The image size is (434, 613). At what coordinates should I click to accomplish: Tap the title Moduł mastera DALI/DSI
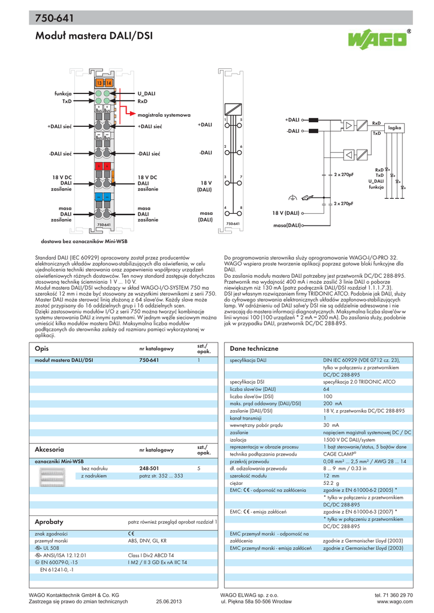click(x=94, y=37)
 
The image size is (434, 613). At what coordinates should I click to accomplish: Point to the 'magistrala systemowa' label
click(x=164, y=114)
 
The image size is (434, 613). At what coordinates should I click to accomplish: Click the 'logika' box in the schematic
click(x=394, y=128)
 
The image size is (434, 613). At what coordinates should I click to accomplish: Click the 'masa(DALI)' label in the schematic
click(x=287, y=225)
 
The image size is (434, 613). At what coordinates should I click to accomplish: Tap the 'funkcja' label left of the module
click(x=63, y=94)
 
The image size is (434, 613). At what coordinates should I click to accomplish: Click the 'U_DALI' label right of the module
click(x=146, y=94)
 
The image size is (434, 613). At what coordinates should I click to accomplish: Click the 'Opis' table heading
click(x=41, y=348)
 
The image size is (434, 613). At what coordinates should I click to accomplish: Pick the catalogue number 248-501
click(x=149, y=468)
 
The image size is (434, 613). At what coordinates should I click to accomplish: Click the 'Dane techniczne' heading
click(x=254, y=348)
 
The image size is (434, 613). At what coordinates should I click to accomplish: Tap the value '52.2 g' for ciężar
click(x=331, y=482)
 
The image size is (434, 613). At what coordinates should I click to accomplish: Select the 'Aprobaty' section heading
click(x=49, y=522)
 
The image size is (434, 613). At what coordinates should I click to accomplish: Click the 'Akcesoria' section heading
click(x=50, y=449)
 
